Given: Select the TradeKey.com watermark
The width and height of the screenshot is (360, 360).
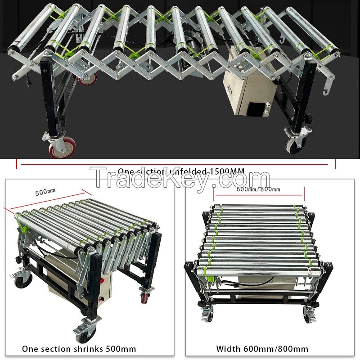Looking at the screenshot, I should tap(180, 180).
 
